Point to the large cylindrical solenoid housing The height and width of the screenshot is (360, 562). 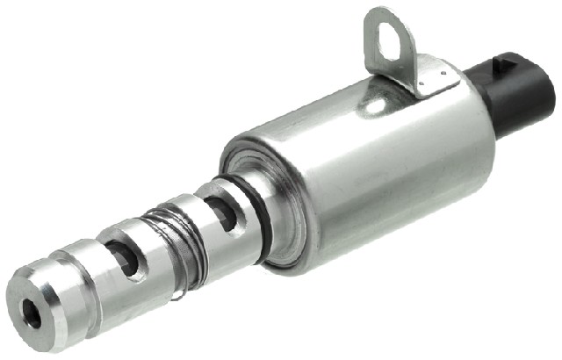369,167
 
